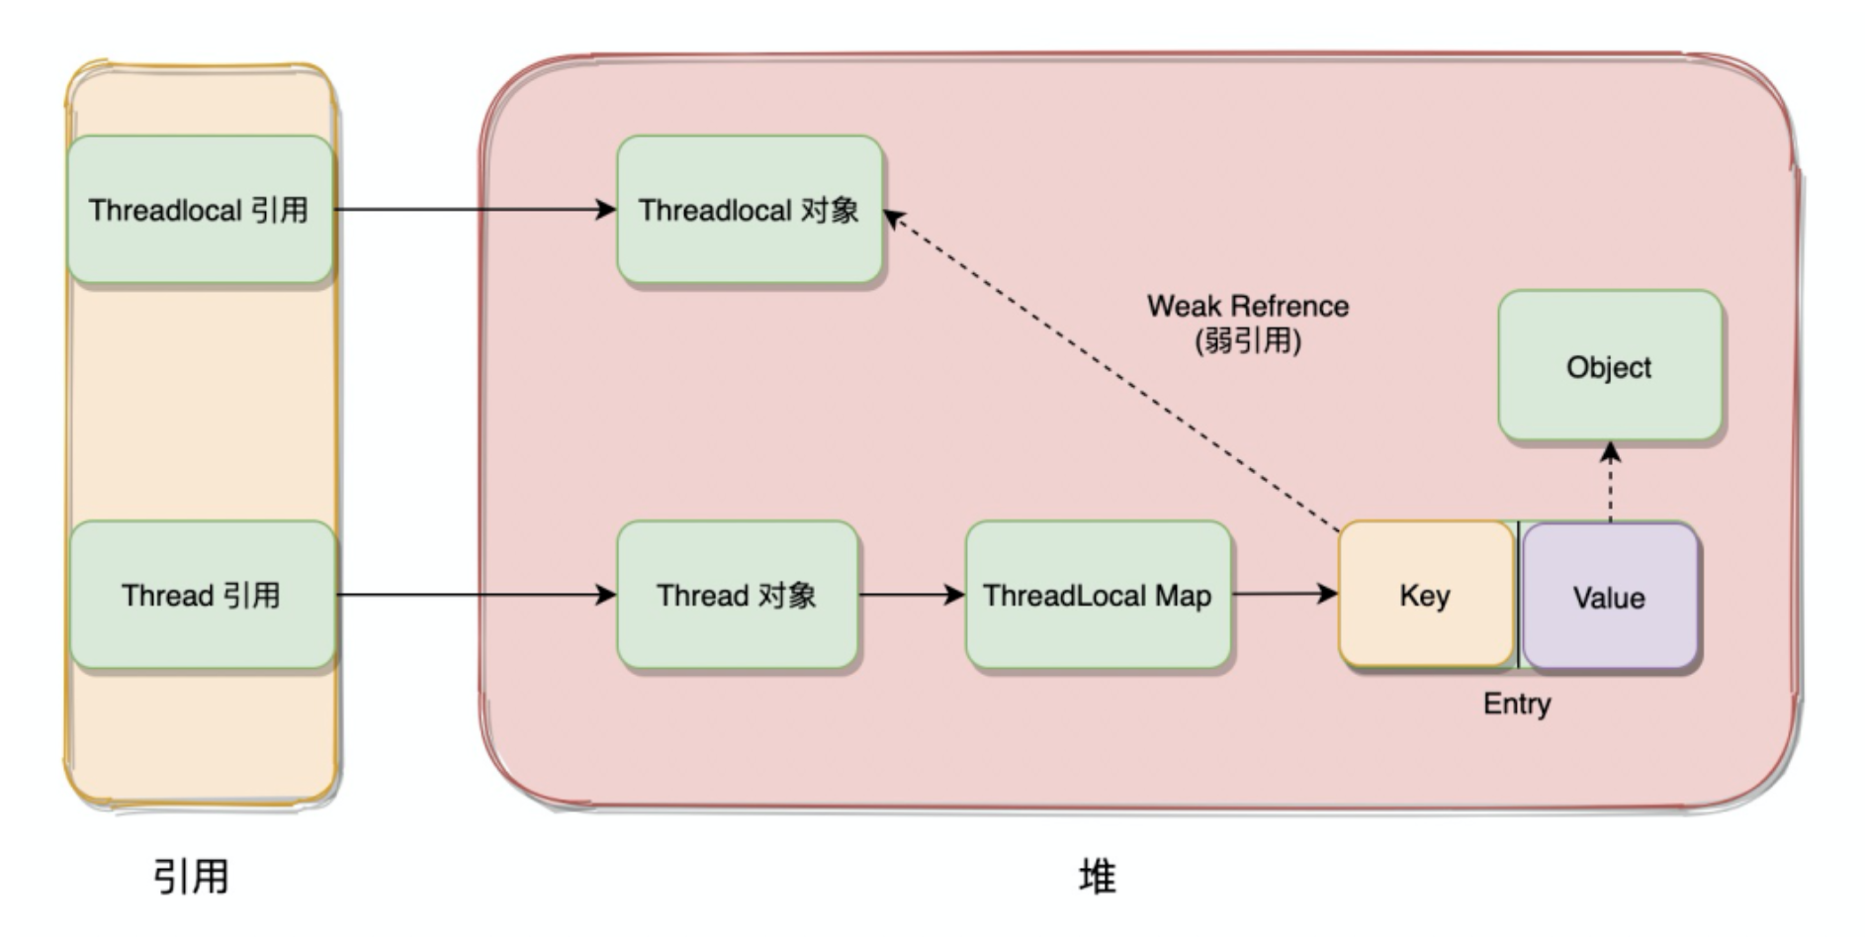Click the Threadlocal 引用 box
point(200,210)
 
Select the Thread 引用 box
point(202,595)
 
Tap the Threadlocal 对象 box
point(749,210)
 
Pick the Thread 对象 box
point(737,595)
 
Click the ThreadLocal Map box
point(1098,595)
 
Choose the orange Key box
point(1425,595)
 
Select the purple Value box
point(1609,597)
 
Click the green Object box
point(1609,366)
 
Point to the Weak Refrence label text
point(1247,306)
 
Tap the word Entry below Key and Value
point(1516,703)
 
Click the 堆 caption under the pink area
point(1097,877)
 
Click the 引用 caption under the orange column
point(191,877)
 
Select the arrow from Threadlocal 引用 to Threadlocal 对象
point(475,209)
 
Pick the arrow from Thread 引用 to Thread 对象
point(475,595)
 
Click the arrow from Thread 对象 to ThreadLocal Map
point(910,595)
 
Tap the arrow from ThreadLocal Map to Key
point(1284,594)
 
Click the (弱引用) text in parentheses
point(1247,341)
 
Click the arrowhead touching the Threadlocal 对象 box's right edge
point(892,218)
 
